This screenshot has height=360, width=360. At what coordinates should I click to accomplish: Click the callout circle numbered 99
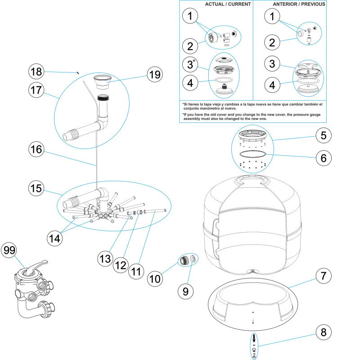9,250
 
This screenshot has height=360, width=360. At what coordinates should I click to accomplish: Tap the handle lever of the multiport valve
36,267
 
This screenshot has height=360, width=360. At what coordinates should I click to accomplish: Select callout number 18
36,72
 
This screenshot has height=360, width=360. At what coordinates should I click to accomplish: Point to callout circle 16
36,149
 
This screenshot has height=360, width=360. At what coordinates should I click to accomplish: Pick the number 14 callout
54,238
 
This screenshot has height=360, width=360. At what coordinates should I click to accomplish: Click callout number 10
155,279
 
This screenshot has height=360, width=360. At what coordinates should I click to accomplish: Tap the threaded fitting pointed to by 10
184,261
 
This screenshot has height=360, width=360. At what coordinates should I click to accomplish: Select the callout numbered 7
324,276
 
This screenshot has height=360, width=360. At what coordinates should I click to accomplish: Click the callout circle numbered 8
324,332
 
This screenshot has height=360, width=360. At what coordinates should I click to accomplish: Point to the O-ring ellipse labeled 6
253,154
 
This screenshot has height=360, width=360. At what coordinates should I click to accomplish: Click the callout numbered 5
324,135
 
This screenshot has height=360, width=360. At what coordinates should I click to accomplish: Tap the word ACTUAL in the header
214,4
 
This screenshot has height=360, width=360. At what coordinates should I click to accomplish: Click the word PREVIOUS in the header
313,4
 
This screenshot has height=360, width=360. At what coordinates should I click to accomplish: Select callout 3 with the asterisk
190,64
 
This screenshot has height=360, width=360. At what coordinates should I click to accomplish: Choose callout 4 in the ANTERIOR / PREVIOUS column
272,85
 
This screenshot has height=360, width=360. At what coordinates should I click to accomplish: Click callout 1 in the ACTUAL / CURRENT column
190,16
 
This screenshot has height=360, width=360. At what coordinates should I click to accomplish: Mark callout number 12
121,265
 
